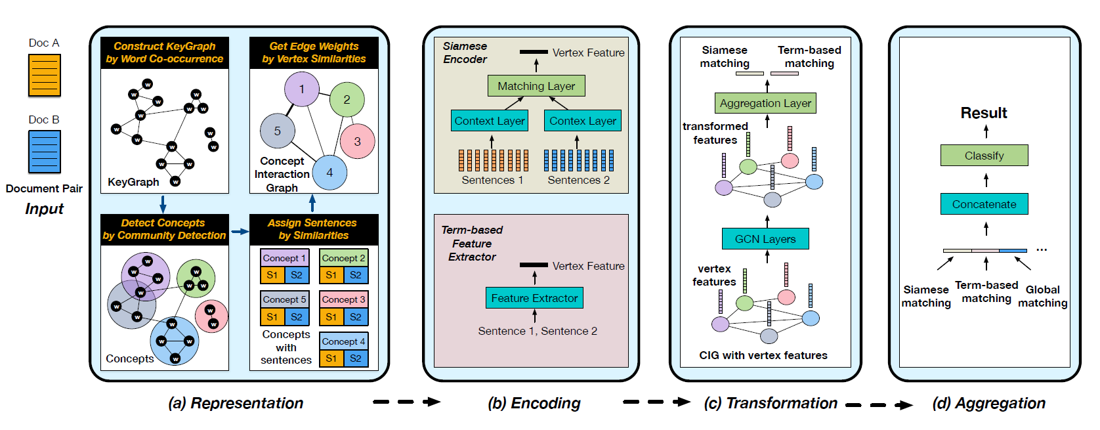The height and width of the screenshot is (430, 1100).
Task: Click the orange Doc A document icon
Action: click(x=45, y=75)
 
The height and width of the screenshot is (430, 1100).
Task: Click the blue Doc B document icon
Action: click(x=45, y=152)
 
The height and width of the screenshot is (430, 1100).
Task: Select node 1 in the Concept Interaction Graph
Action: click(x=301, y=89)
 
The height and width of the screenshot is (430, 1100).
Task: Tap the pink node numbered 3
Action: click(x=357, y=141)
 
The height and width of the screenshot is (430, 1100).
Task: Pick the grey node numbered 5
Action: click(x=278, y=131)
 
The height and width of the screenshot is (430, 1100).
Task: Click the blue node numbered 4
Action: click(x=329, y=173)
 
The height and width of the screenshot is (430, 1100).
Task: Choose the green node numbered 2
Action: click(x=347, y=100)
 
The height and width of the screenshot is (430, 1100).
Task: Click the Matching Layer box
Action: click(x=536, y=86)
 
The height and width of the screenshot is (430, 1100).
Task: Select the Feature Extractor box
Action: click(x=534, y=298)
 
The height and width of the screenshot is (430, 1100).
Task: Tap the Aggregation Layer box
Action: click(x=765, y=103)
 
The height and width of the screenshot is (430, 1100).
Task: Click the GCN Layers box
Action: click(x=765, y=239)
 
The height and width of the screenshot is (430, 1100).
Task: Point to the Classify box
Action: click(x=984, y=156)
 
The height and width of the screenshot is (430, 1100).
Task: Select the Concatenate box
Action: click(x=984, y=204)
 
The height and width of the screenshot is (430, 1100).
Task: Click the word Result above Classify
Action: click(x=984, y=113)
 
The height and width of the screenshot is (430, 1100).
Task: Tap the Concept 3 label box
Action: click(x=344, y=299)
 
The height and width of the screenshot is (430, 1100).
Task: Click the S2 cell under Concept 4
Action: click(x=356, y=358)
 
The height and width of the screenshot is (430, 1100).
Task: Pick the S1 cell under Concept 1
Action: click(x=272, y=275)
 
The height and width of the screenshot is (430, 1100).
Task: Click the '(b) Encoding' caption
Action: click(x=534, y=403)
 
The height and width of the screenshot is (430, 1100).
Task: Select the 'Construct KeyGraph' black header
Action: click(x=165, y=53)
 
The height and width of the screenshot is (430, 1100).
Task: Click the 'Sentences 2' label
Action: click(x=579, y=180)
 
